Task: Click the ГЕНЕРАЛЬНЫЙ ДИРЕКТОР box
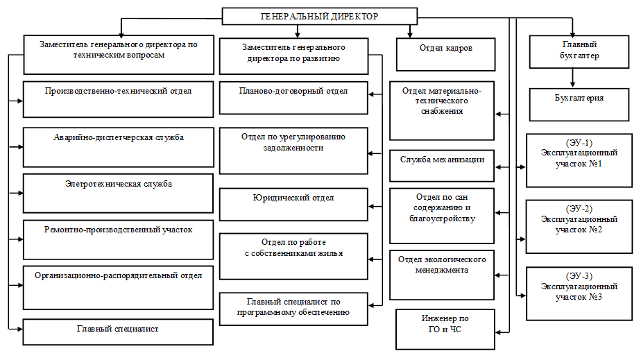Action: [x=319, y=17]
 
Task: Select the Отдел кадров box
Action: [x=445, y=54]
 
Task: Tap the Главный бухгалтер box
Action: [x=579, y=51]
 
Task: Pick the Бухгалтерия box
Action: [x=579, y=105]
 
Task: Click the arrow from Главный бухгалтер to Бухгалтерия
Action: [x=572, y=78]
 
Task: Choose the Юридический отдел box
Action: [x=293, y=205]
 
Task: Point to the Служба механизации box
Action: [x=441, y=166]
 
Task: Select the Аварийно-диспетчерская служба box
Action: [x=118, y=147]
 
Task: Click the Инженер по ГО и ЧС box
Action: [x=445, y=329]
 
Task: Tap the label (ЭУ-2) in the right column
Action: [x=579, y=209]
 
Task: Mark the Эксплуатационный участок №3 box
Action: [x=579, y=293]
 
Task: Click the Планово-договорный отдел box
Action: [x=293, y=98]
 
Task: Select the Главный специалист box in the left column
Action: [x=118, y=332]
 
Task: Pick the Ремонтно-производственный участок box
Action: [x=118, y=239]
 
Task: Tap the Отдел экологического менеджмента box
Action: [x=441, y=275]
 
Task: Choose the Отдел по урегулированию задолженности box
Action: [x=293, y=151]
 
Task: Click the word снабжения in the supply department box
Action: [x=442, y=111]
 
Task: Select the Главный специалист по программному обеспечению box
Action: [x=293, y=309]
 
